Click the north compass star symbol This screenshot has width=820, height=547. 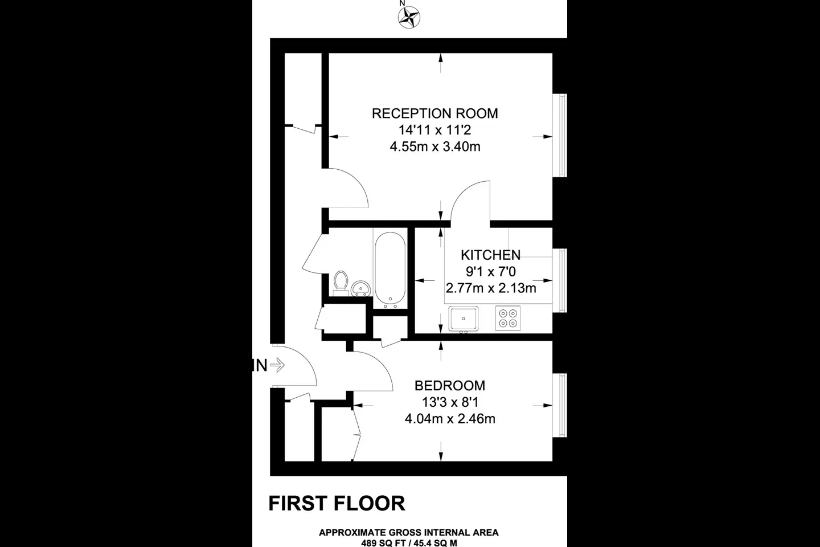(x=409, y=17)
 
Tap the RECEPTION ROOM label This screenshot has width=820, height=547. (x=435, y=113)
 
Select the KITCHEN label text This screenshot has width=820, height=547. (x=490, y=255)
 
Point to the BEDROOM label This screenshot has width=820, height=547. (x=450, y=385)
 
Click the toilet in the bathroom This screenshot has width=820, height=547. (x=341, y=283)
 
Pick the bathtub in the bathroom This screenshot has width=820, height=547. (x=390, y=270)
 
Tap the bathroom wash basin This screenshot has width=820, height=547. (x=360, y=289)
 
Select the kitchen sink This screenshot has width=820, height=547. (x=464, y=319)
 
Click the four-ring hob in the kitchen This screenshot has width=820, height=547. (x=508, y=318)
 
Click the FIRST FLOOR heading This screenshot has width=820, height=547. (x=337, y=503)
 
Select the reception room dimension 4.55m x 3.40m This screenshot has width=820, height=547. (x=435, y=147)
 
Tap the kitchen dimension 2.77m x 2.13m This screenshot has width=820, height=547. (x=491, y=288)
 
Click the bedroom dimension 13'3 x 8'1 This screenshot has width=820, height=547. (x=450, y=402)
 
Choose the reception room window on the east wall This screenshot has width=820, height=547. (x=560, y=136)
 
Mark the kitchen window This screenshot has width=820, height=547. (x=560, y=281)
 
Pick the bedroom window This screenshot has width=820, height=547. (x=560, y=405)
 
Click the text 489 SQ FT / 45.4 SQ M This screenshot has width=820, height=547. (x=409, y=543)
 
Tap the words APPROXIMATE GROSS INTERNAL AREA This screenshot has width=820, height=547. (x=409, y=532)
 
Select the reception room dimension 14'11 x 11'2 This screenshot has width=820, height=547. (x=435, y=130)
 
